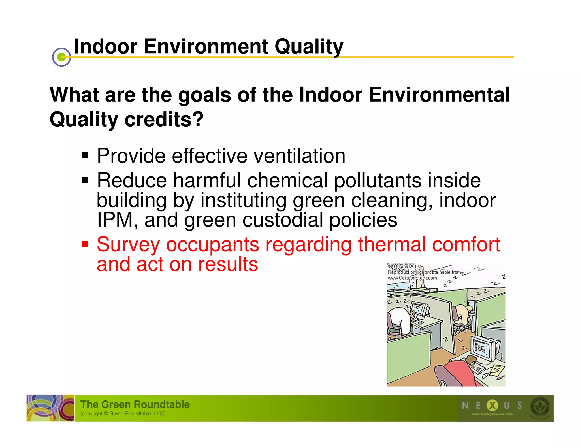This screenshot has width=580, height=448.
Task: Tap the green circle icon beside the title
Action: (61, 57)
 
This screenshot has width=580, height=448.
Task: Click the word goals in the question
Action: (204, 95)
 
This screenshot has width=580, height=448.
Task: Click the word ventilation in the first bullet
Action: (299, 156)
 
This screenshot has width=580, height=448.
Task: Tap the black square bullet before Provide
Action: (85, 155)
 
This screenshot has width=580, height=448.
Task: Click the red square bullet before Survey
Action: (85, 244)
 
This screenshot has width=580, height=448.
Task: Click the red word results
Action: (228, 264)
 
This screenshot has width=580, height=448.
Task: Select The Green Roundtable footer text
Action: (135, 404)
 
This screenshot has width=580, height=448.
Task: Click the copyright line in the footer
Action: (123, 414)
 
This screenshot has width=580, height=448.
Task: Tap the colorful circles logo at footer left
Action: (50, 408)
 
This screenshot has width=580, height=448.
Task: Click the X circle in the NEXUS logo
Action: (492, 405)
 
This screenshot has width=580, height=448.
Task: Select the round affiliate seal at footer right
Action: (540, 407)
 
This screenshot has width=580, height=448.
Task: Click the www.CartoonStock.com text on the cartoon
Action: (412, 278)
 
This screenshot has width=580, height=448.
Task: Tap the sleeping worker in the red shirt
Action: (464, 371)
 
